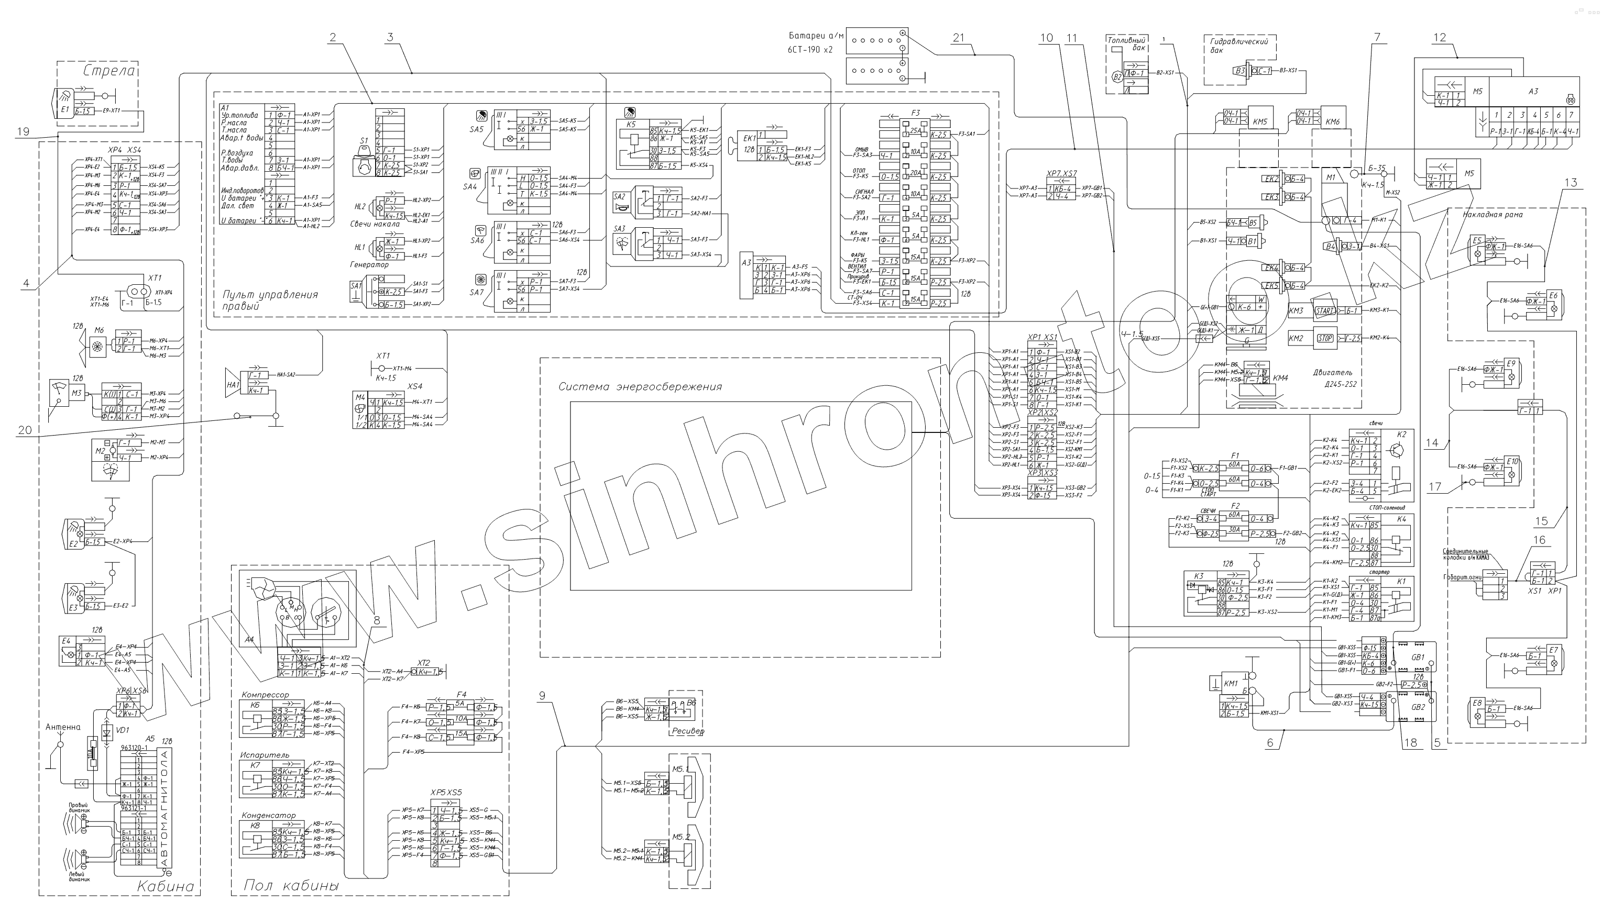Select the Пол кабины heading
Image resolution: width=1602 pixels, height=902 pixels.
tap(291, 885)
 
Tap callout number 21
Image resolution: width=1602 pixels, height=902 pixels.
tap(958, 38)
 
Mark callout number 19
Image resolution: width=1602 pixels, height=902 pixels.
tap(23, 132)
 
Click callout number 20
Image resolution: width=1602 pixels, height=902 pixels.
tap(24, 430)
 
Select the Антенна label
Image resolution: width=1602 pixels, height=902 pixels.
tap(63, 727)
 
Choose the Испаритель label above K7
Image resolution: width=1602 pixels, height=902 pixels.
tap(265, 755)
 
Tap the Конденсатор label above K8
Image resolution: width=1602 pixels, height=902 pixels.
tap(269, 815)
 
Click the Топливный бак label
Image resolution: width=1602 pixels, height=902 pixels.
tap(1126, 43)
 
